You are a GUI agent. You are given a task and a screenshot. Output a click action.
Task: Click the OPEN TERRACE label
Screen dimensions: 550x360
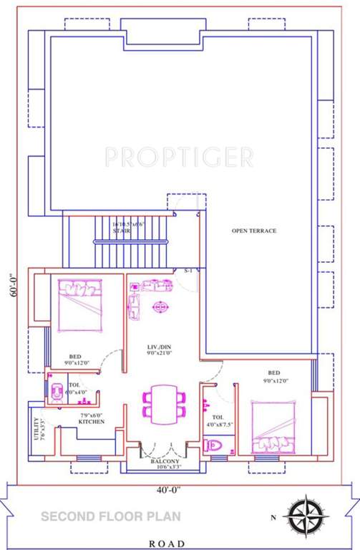click(x=253, y=231)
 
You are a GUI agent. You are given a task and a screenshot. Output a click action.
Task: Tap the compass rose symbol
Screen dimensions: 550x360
click(x=308, y=514)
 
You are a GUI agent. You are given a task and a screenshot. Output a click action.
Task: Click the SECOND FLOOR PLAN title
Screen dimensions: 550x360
click(x=110, y=516)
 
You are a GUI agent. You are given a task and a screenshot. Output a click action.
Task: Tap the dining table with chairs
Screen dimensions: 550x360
click(x=165, y=402)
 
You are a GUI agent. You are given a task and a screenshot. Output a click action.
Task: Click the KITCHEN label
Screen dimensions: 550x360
click(x=91, y=422)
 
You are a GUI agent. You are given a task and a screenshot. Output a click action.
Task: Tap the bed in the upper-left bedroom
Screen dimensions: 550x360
click(x=80, y=305)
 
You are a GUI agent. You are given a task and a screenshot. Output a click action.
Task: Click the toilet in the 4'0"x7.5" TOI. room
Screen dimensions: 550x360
click(x=214, y=445)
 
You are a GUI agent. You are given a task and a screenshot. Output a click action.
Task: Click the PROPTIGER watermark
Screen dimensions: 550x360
click(x=179, y=156)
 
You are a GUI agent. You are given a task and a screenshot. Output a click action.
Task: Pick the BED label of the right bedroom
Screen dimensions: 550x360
click(x=273, y=373)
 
